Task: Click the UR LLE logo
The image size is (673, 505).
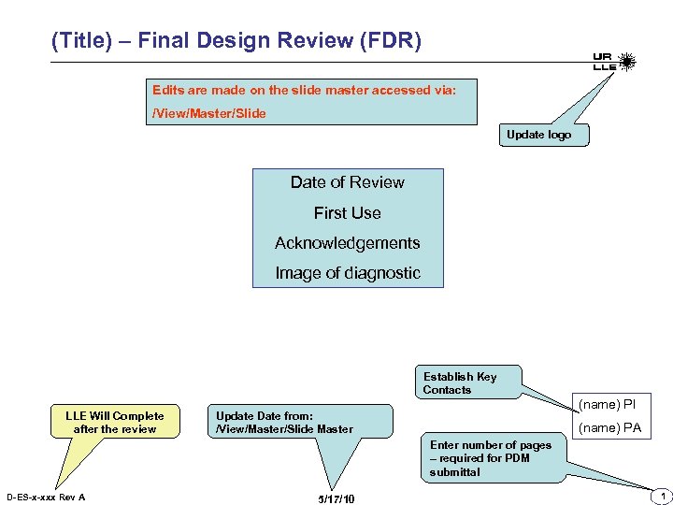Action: pyautogui.click(x=614, y=63)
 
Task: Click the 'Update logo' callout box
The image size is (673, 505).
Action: pyautogui.click(x=538, y=135)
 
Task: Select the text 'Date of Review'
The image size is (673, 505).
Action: pyautogui.click(x=348, y=182)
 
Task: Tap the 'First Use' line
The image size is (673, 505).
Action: pyautogui.click(x=348, y=213)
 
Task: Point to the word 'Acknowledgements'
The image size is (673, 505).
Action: pyautogui.click(x=348, y=243)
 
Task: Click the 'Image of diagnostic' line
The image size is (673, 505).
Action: pyautogui.click(x=348, y=273)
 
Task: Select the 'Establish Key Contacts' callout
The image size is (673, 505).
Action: pyautogui.click(x=460, y=383)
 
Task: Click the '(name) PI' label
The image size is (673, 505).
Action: pyautogui.click(x=608, y=405)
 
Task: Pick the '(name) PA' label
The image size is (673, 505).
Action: pyautogui.click(x=609, y=428)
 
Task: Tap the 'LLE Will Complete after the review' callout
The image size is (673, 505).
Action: pyautogui.click(x=114, y=423)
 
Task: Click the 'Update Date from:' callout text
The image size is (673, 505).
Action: pyautogui.click(x=265, y=416)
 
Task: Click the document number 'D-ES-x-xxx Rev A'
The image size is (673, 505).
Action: pyautogui.click(x=46, y=497)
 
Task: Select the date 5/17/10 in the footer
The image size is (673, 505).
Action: pyautogui.click(x=336, y=499)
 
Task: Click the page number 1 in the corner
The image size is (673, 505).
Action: pyautogui.click(x=661, y=495)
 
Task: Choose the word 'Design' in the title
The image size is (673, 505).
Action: pyautogui.click(x=232, y=41)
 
